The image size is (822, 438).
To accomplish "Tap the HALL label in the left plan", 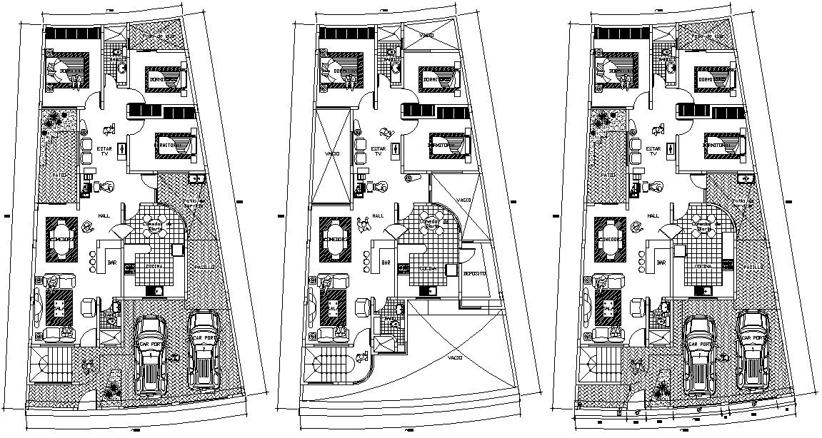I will point(104,215).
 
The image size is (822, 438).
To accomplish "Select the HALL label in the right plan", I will point(653,215).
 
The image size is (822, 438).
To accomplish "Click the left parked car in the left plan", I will point(151,354).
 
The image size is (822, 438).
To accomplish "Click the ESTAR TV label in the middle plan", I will point(378,151).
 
